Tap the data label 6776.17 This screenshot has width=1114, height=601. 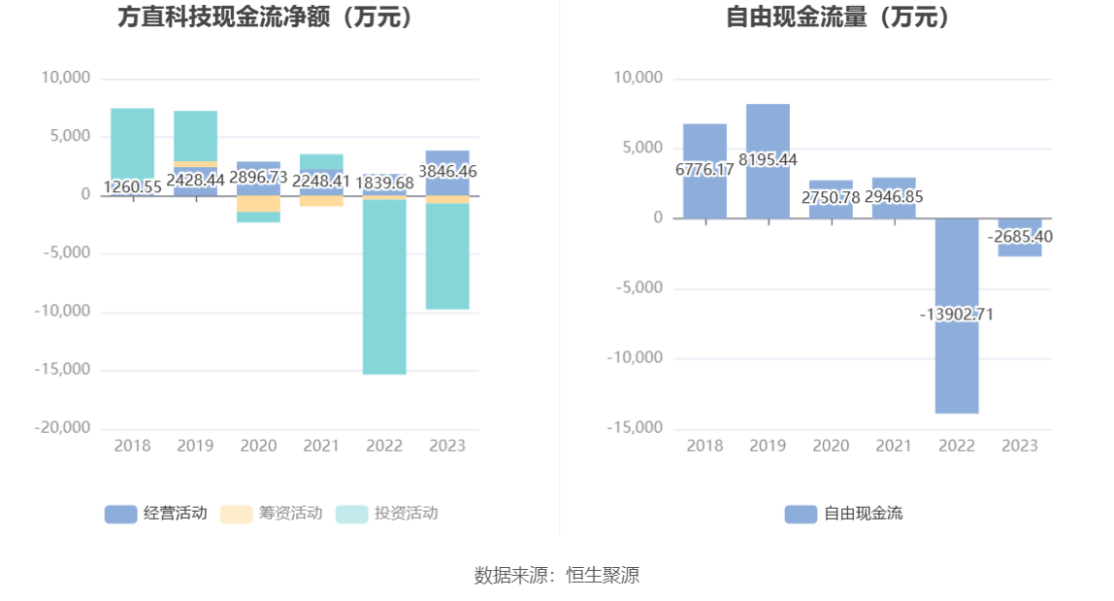(x=704, y=170)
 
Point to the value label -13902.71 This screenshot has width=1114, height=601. (x=957, y=315)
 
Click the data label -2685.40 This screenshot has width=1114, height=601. (x=1020, y=236)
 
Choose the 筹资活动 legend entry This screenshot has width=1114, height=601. (x=271, y=514)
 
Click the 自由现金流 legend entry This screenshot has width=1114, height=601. (x=843, y=514)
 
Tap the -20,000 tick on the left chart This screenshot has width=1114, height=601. (x=66, y=428)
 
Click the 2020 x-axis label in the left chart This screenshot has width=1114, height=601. (x=258, y=446)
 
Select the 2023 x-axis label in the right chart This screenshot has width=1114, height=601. (x=1020, y=446)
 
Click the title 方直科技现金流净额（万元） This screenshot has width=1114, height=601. (x=266, y=17)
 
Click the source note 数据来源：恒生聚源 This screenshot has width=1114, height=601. (x=557, y=575)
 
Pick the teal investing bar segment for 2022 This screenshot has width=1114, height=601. (x=384, y=291)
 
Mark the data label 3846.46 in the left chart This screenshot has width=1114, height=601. (x=447, y=172)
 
